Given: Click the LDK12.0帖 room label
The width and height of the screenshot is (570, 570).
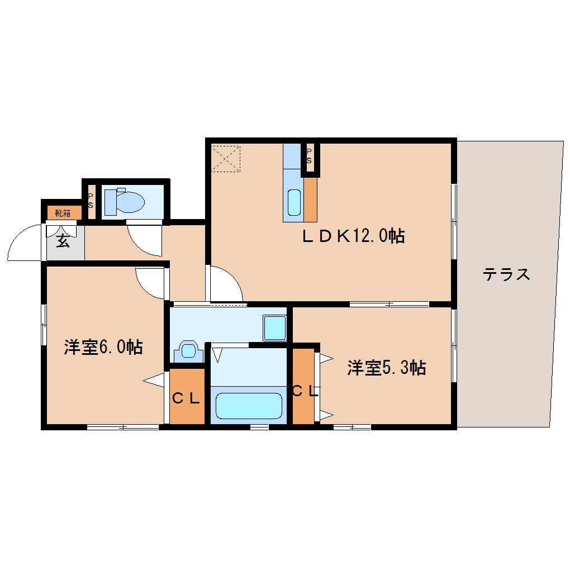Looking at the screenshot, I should pos(353,236).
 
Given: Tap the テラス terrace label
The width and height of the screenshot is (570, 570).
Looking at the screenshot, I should pos(506,274).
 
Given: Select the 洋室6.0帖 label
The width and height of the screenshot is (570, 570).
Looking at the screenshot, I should pos(103,347).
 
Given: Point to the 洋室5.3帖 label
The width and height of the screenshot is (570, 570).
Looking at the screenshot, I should pos(387,368).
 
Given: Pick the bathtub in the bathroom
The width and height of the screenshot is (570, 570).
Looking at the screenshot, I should pos(249,405).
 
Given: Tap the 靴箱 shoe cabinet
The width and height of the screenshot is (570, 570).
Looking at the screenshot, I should pos(63,213).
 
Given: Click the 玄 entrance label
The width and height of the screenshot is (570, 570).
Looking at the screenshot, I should pos(62,242).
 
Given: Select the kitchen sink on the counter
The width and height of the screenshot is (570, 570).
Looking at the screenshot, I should pos(294,202).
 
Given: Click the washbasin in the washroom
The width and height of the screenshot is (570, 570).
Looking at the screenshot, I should pos(189,351).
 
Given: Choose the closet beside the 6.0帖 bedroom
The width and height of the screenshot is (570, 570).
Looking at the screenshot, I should pos(187,397).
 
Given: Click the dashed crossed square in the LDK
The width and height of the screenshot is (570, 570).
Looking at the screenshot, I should pos(226,159).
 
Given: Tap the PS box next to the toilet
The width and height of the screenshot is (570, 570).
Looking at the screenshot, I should pos(90,201).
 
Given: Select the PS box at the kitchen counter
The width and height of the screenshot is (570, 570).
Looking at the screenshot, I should pos(310,157).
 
